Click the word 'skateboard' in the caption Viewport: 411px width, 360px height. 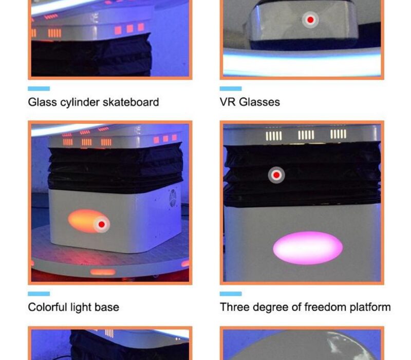[x=131, y=102]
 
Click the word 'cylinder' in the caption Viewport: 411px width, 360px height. [x=80, y=102]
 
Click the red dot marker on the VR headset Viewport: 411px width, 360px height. [x=310, y=20]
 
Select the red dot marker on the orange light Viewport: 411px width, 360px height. [x=102, y=224]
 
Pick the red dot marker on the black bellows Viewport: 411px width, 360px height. [x=276, y=175]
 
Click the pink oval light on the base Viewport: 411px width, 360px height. [x=308, y=248]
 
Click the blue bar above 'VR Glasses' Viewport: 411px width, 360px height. [x=231, y=88]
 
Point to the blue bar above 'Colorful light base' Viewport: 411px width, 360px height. [x=39, y=294]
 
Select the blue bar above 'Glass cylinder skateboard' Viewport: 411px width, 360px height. [x=39, y=88]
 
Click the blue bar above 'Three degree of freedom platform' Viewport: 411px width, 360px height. [x=231, y=294]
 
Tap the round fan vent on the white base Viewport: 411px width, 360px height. [x=173, y=198]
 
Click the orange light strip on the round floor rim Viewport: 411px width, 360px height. [x=103, y=272]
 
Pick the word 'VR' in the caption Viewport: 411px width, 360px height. [x=228, y=102]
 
